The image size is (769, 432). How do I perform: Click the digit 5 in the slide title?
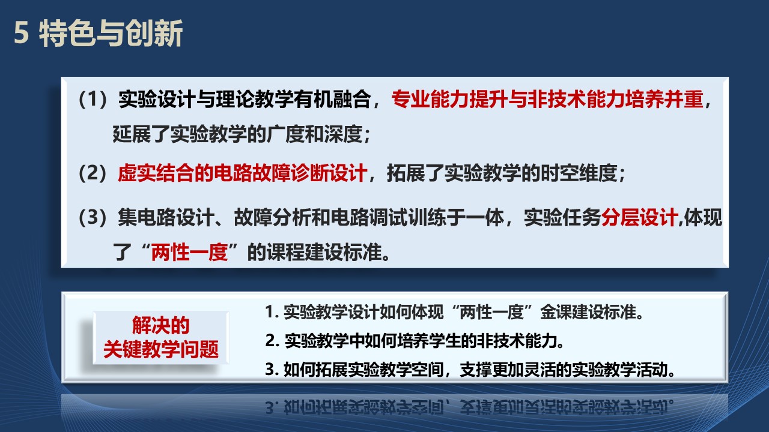(21, 33)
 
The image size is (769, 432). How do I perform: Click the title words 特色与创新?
(111, 33)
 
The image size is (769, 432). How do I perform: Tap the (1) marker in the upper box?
(93, 100)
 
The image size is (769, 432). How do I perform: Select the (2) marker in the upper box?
(93, 173)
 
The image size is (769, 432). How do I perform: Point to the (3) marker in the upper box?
(93, 217)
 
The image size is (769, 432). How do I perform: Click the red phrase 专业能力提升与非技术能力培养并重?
(547, 100)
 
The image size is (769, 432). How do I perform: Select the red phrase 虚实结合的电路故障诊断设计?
(242, 173)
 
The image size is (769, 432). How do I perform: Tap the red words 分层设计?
(639, 217)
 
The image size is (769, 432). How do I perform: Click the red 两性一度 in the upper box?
(189, 253)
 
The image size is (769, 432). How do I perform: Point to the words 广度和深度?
(314, 134)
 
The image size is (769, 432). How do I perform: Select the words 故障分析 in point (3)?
(272, 217)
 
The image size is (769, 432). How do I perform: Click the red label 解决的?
(160, 325)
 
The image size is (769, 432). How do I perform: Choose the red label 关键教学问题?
(160, 349)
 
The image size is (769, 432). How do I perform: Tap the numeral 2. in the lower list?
(272, 341)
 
